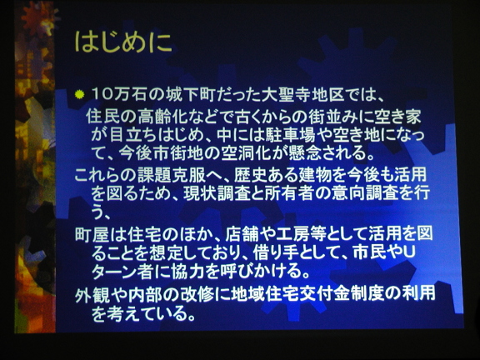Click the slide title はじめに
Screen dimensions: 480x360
tap(123, 42)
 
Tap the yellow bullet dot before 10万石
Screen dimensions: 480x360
tap(79, 95)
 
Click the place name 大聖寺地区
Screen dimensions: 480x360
tap(303, 95)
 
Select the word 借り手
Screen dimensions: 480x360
tap(277, 252)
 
